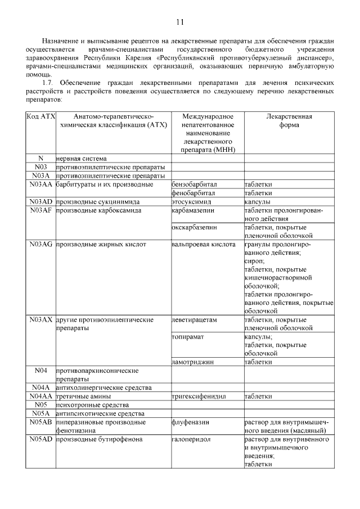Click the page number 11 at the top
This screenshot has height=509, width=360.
coord(179,22)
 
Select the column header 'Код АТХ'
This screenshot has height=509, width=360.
coord(40,116)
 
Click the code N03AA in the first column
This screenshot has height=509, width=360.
coord(40,184)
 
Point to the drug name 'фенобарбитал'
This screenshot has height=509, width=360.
coord(193,192)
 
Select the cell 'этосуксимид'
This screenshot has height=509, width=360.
coord(191,201)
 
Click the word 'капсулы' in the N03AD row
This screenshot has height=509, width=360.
coord(257,201)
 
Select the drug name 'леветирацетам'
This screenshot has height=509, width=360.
coord(194,319)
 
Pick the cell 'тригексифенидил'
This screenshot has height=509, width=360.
coord(199,396)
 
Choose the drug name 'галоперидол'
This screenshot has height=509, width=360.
coord(191,439)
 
